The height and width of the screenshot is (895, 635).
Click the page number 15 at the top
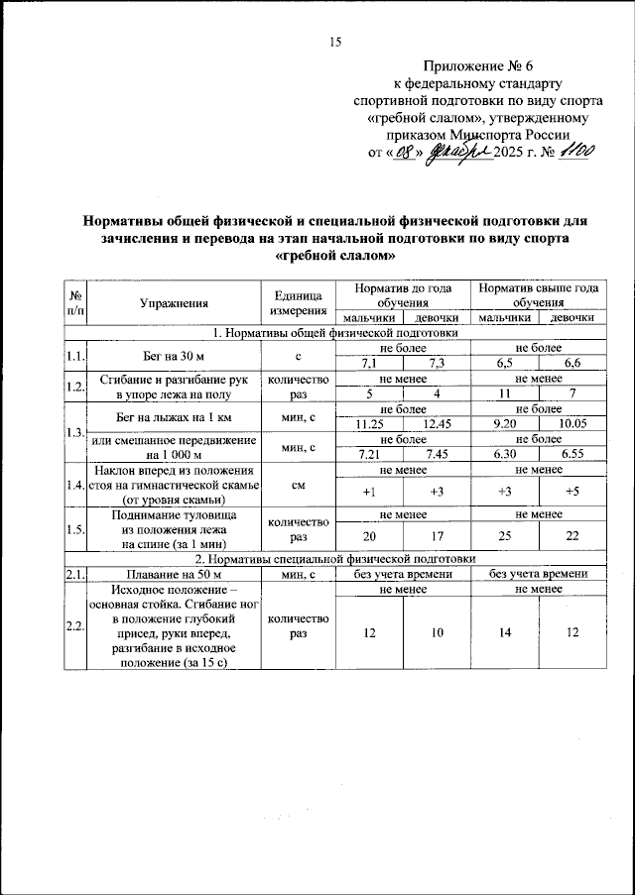coord(334,42)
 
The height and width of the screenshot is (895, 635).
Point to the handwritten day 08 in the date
coord(406,155)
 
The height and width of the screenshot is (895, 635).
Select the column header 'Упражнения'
coord(174,302)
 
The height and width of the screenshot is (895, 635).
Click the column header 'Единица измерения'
coord(299,302)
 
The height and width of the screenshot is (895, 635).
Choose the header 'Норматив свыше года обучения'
coord(538,294)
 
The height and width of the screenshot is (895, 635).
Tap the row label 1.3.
coord(73,432)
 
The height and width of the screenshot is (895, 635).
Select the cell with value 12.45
coord(437,424)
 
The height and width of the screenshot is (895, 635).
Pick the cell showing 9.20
coord(505,424)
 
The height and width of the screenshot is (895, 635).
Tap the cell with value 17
coord(437,536)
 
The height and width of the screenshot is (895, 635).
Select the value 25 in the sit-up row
coord(505,536)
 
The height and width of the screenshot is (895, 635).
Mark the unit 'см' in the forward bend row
coord(299,486)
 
